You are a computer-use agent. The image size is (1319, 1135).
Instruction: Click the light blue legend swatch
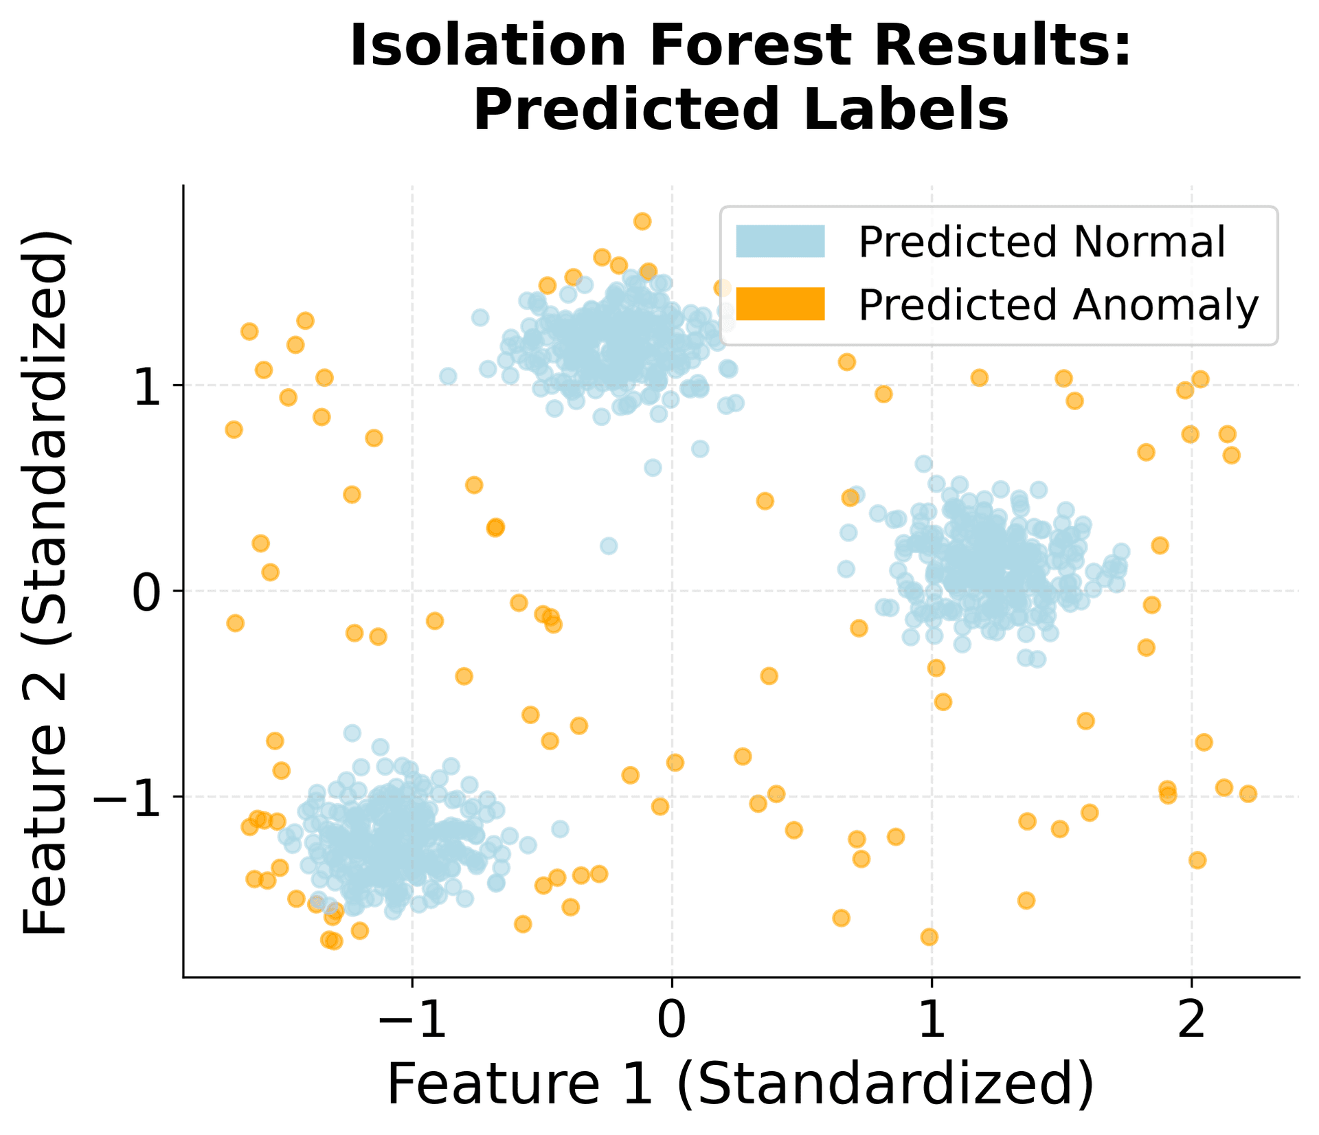780,242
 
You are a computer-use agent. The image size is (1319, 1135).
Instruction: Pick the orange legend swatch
780,304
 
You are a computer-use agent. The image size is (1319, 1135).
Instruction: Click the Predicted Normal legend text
1041,242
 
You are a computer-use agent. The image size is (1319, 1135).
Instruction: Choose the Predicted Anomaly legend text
1058,304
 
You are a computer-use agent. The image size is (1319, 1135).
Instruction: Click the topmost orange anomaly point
642,221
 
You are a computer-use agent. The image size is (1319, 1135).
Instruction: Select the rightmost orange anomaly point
1248,794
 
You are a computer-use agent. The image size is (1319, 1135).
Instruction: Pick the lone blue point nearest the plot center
609,546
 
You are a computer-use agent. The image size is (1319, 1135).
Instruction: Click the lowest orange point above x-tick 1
929,937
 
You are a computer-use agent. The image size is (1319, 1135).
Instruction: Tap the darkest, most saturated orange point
495,528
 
